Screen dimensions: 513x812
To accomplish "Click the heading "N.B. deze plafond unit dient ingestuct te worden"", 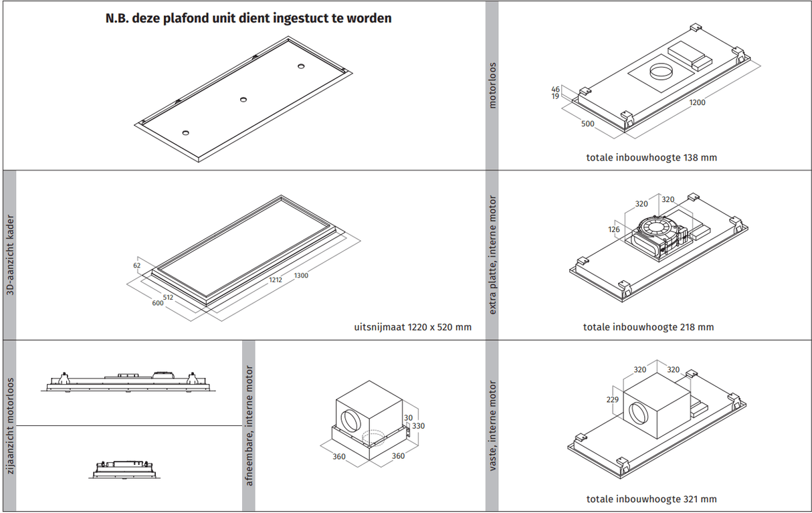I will pos(248,19).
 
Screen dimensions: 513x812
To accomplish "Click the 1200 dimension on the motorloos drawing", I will pos(697,102).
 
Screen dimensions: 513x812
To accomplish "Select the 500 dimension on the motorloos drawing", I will pos(587,124).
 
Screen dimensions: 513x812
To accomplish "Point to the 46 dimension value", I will pos(555,89).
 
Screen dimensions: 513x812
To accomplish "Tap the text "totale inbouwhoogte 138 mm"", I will pos(651,158).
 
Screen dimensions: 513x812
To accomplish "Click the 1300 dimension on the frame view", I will pos(301,276).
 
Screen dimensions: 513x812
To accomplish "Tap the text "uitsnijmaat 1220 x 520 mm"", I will pos(413,327).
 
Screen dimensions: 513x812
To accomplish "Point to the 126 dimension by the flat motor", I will pos(614,229).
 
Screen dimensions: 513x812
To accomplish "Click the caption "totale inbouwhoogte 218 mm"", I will pos(648,327).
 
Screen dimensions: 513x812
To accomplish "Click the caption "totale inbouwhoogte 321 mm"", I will pos(651,499).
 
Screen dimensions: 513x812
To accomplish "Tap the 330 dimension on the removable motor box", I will pos(418,426).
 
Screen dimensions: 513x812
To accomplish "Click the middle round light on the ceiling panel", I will pos(243,100).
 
